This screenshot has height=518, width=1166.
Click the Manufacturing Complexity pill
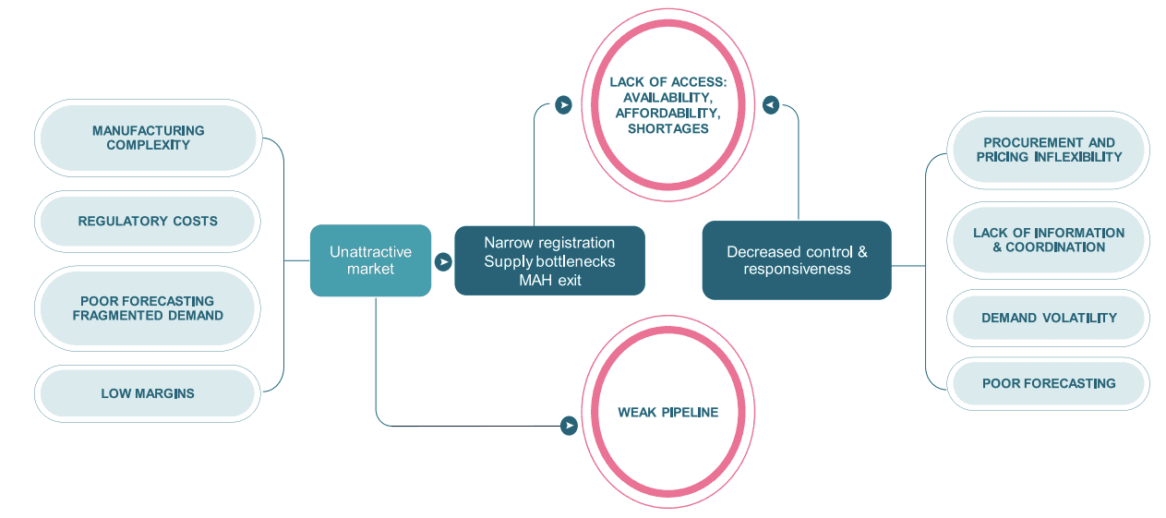149,138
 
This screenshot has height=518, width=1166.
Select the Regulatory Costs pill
148,222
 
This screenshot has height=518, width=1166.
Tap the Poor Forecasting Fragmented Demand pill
148,308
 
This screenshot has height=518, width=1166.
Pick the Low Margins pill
148,393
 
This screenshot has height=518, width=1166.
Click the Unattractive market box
370,260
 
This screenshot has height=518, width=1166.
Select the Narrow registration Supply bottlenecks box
549,260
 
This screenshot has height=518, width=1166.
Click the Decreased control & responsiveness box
797,260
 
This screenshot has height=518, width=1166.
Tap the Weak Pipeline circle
668,412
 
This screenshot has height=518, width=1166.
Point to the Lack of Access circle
668,104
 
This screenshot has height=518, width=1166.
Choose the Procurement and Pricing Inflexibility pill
1049,150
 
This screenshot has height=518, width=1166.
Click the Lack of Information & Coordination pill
1049,240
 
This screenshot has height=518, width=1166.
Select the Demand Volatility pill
1049,318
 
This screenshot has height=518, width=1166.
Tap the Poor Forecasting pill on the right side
1049,384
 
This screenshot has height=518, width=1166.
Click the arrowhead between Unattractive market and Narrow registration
443,262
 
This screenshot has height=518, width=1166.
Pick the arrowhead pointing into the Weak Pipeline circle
569,426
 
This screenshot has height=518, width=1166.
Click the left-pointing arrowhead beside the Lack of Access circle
771,105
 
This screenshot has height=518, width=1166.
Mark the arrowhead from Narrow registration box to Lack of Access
563,105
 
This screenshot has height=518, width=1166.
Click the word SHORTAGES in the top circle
668,128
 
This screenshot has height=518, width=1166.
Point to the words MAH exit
549,280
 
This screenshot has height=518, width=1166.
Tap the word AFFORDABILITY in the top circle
668,113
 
